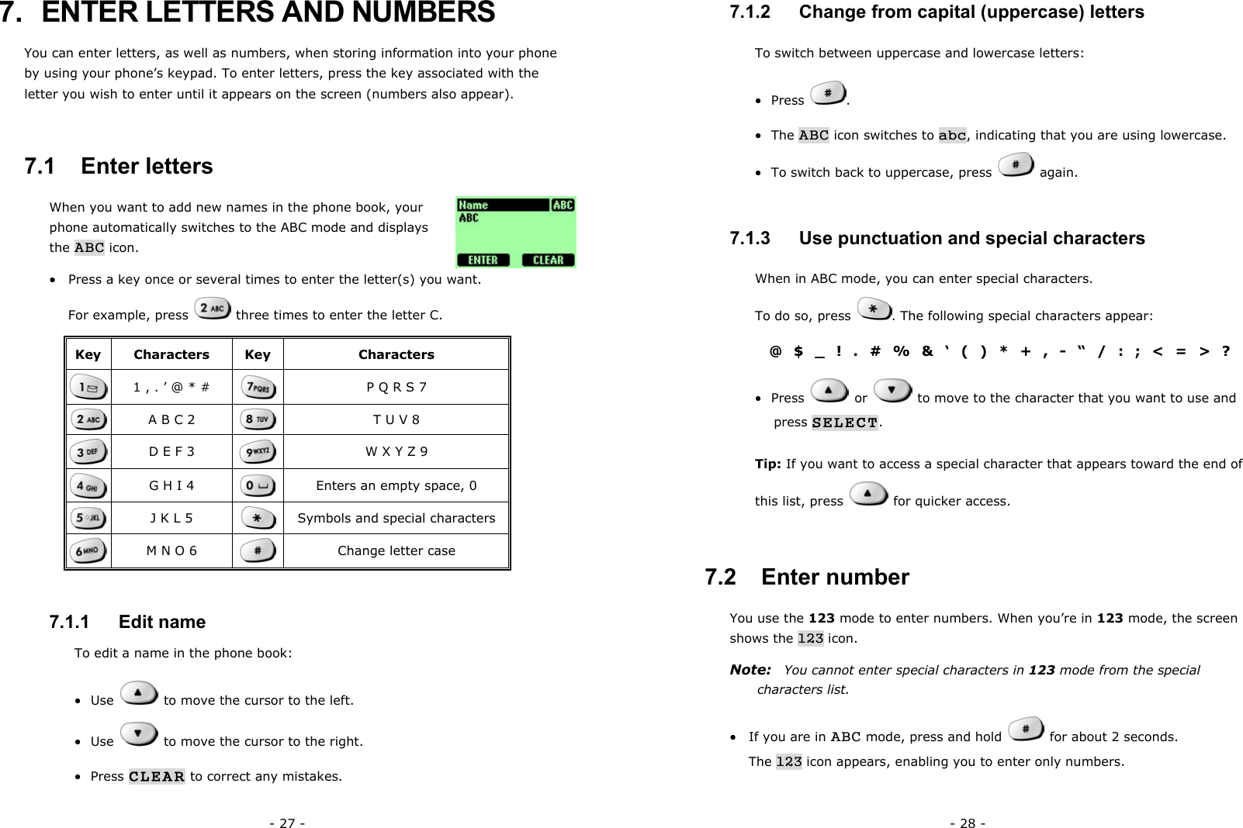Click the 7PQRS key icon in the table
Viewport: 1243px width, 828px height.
click(258, 387)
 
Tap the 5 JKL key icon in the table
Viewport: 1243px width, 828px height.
click(88, 518)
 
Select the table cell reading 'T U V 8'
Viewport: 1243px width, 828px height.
click(396, 419)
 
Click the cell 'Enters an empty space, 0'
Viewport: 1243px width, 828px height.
click(396, 485)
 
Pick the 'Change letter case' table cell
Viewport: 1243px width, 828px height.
click(396, 550)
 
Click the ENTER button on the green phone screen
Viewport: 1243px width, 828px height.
click(483, 260)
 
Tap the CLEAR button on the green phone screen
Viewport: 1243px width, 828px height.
click(548, 260)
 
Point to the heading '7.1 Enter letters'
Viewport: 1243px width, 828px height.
click(119, 166)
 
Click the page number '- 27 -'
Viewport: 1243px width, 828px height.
click(287, 823)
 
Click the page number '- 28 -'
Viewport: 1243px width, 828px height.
click(968, 823)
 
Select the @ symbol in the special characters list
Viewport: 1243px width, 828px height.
click(775, 351)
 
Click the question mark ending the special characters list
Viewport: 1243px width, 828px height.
click(1225, 351)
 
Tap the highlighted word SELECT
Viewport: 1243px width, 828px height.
click(844, 423)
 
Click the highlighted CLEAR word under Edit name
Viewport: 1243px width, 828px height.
click(157, 776)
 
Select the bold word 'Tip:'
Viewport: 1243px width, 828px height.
click(768, 464)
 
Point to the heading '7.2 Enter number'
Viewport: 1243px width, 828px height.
click(807, 577)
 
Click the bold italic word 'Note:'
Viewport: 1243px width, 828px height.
click(750, 669)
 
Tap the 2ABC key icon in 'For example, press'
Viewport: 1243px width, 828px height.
click(212, 309)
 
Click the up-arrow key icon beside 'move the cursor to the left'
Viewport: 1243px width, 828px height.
click(139, 693)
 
